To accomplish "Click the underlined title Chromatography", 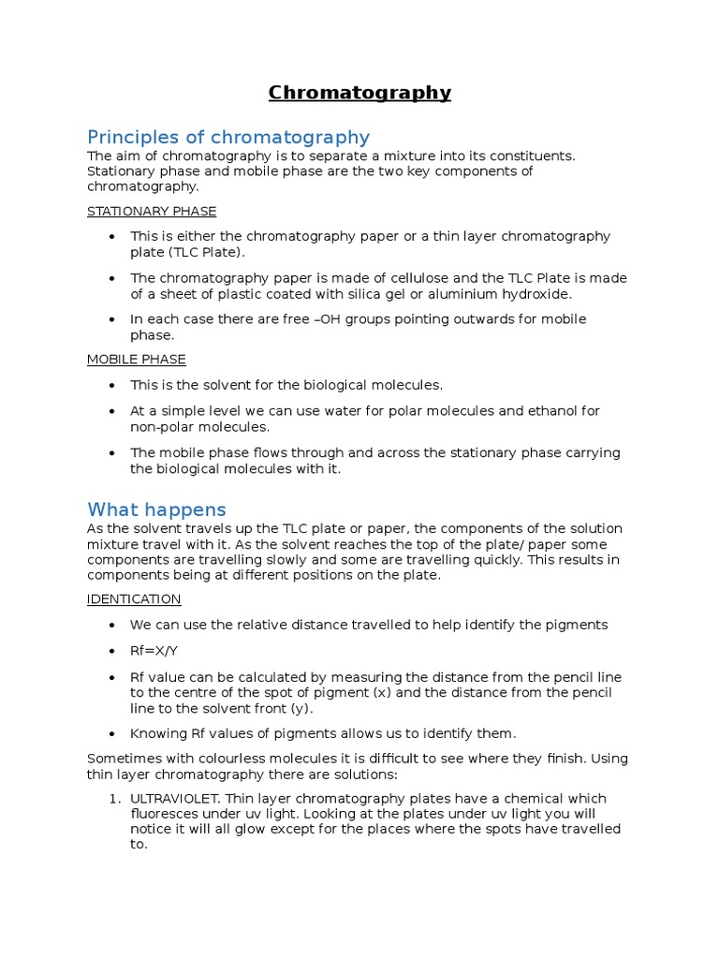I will (x=359, y=93).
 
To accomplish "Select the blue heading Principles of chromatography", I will (x=228, y=138).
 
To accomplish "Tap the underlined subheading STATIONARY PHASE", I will (x=152, y=212).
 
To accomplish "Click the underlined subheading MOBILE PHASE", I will (x=137, y=360).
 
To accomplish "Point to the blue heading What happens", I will (x=156, y=510).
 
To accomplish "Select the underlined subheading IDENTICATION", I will (x=134, y=599).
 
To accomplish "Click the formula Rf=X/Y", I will (x=154, y=651).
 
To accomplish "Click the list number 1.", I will (x=111, y=799).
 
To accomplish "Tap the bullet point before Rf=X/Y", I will (x=113, y=651).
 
